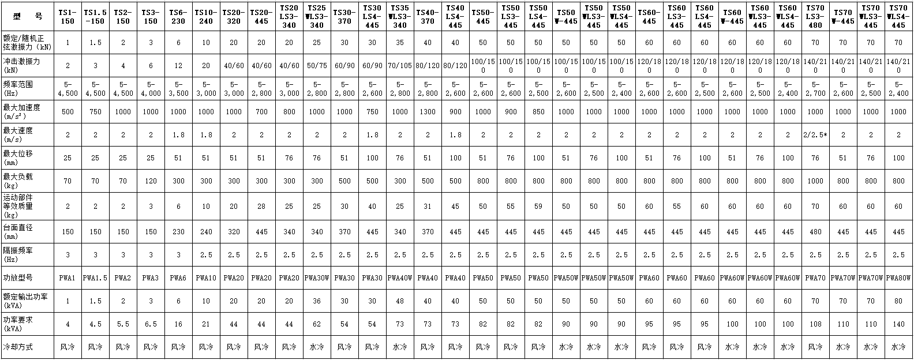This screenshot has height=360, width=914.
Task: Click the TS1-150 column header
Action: click(68, 16)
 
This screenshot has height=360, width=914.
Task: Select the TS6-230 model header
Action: click(178, 16)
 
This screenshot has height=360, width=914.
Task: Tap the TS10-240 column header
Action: click(205, 16)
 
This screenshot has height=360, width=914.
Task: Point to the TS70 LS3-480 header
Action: click(815, 16)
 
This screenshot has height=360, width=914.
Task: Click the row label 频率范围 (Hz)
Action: click(29, 88)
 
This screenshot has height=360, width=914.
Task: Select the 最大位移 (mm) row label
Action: click(29, 157)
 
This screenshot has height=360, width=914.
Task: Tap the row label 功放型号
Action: click(29, 278)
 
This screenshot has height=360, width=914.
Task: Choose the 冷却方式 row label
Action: click(29, 347)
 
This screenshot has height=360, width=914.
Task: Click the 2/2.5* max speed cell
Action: click(815, 134)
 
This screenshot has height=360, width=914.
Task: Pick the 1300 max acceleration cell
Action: click(428, 111)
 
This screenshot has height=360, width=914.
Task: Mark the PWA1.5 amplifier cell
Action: click(95, 278)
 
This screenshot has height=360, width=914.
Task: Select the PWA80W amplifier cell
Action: click(898, 278)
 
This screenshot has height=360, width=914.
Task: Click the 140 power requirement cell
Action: click(898, 324)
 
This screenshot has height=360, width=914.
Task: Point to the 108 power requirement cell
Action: click(815, 324)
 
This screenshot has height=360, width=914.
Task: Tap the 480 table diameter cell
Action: click(815, 232)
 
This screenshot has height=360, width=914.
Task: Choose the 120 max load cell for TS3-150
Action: click(150, 181)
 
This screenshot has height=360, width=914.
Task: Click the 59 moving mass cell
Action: click(538, 206)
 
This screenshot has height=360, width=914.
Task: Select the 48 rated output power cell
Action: click(400, 301)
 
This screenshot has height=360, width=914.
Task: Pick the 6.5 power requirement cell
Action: click(150, 324)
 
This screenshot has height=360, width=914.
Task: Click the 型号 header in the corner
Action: click(29, 16)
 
